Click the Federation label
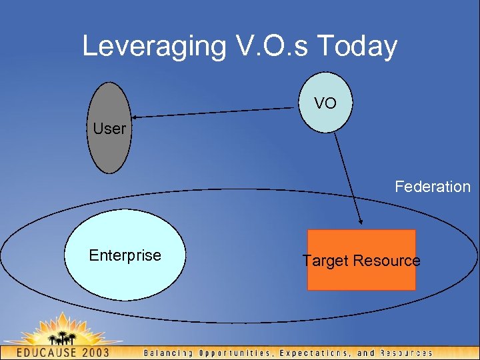(x=432, y=187)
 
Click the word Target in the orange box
(x=323, y=261)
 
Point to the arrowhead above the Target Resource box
(x=361, y=222)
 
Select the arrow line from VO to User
(x=213, y=111)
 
